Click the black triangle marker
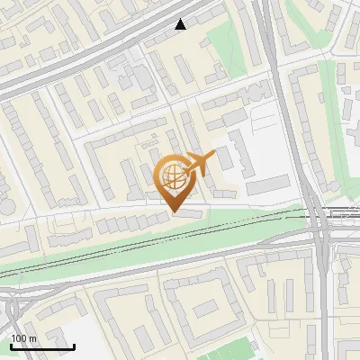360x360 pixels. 182,25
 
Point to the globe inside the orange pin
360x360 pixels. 173,175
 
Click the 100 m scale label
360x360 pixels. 22,337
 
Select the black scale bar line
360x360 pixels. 41,346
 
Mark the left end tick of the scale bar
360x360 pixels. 10,345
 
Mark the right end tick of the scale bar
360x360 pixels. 74,345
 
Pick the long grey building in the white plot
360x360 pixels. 267,185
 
